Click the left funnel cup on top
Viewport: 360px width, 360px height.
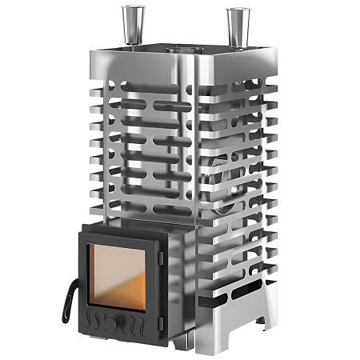pos(130,17)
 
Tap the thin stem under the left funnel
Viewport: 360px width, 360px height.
pos(130,36)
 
